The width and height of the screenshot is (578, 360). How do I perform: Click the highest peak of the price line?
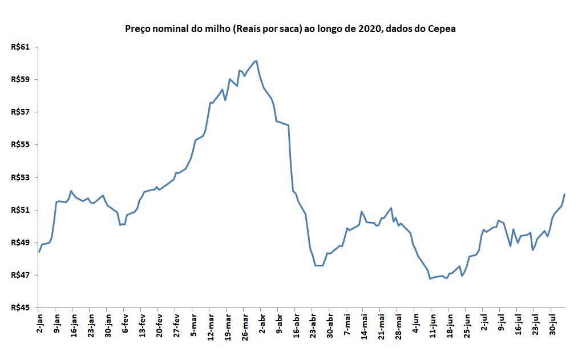coord(256,60)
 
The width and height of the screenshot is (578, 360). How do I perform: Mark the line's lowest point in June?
coord(430,278)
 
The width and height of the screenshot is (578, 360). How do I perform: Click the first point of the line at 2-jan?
coord(39,252)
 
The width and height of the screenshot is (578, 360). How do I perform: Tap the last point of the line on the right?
coord(564,195)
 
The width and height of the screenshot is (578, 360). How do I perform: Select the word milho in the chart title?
coord(205,29)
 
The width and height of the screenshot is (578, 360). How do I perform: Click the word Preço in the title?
coord(138,29)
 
